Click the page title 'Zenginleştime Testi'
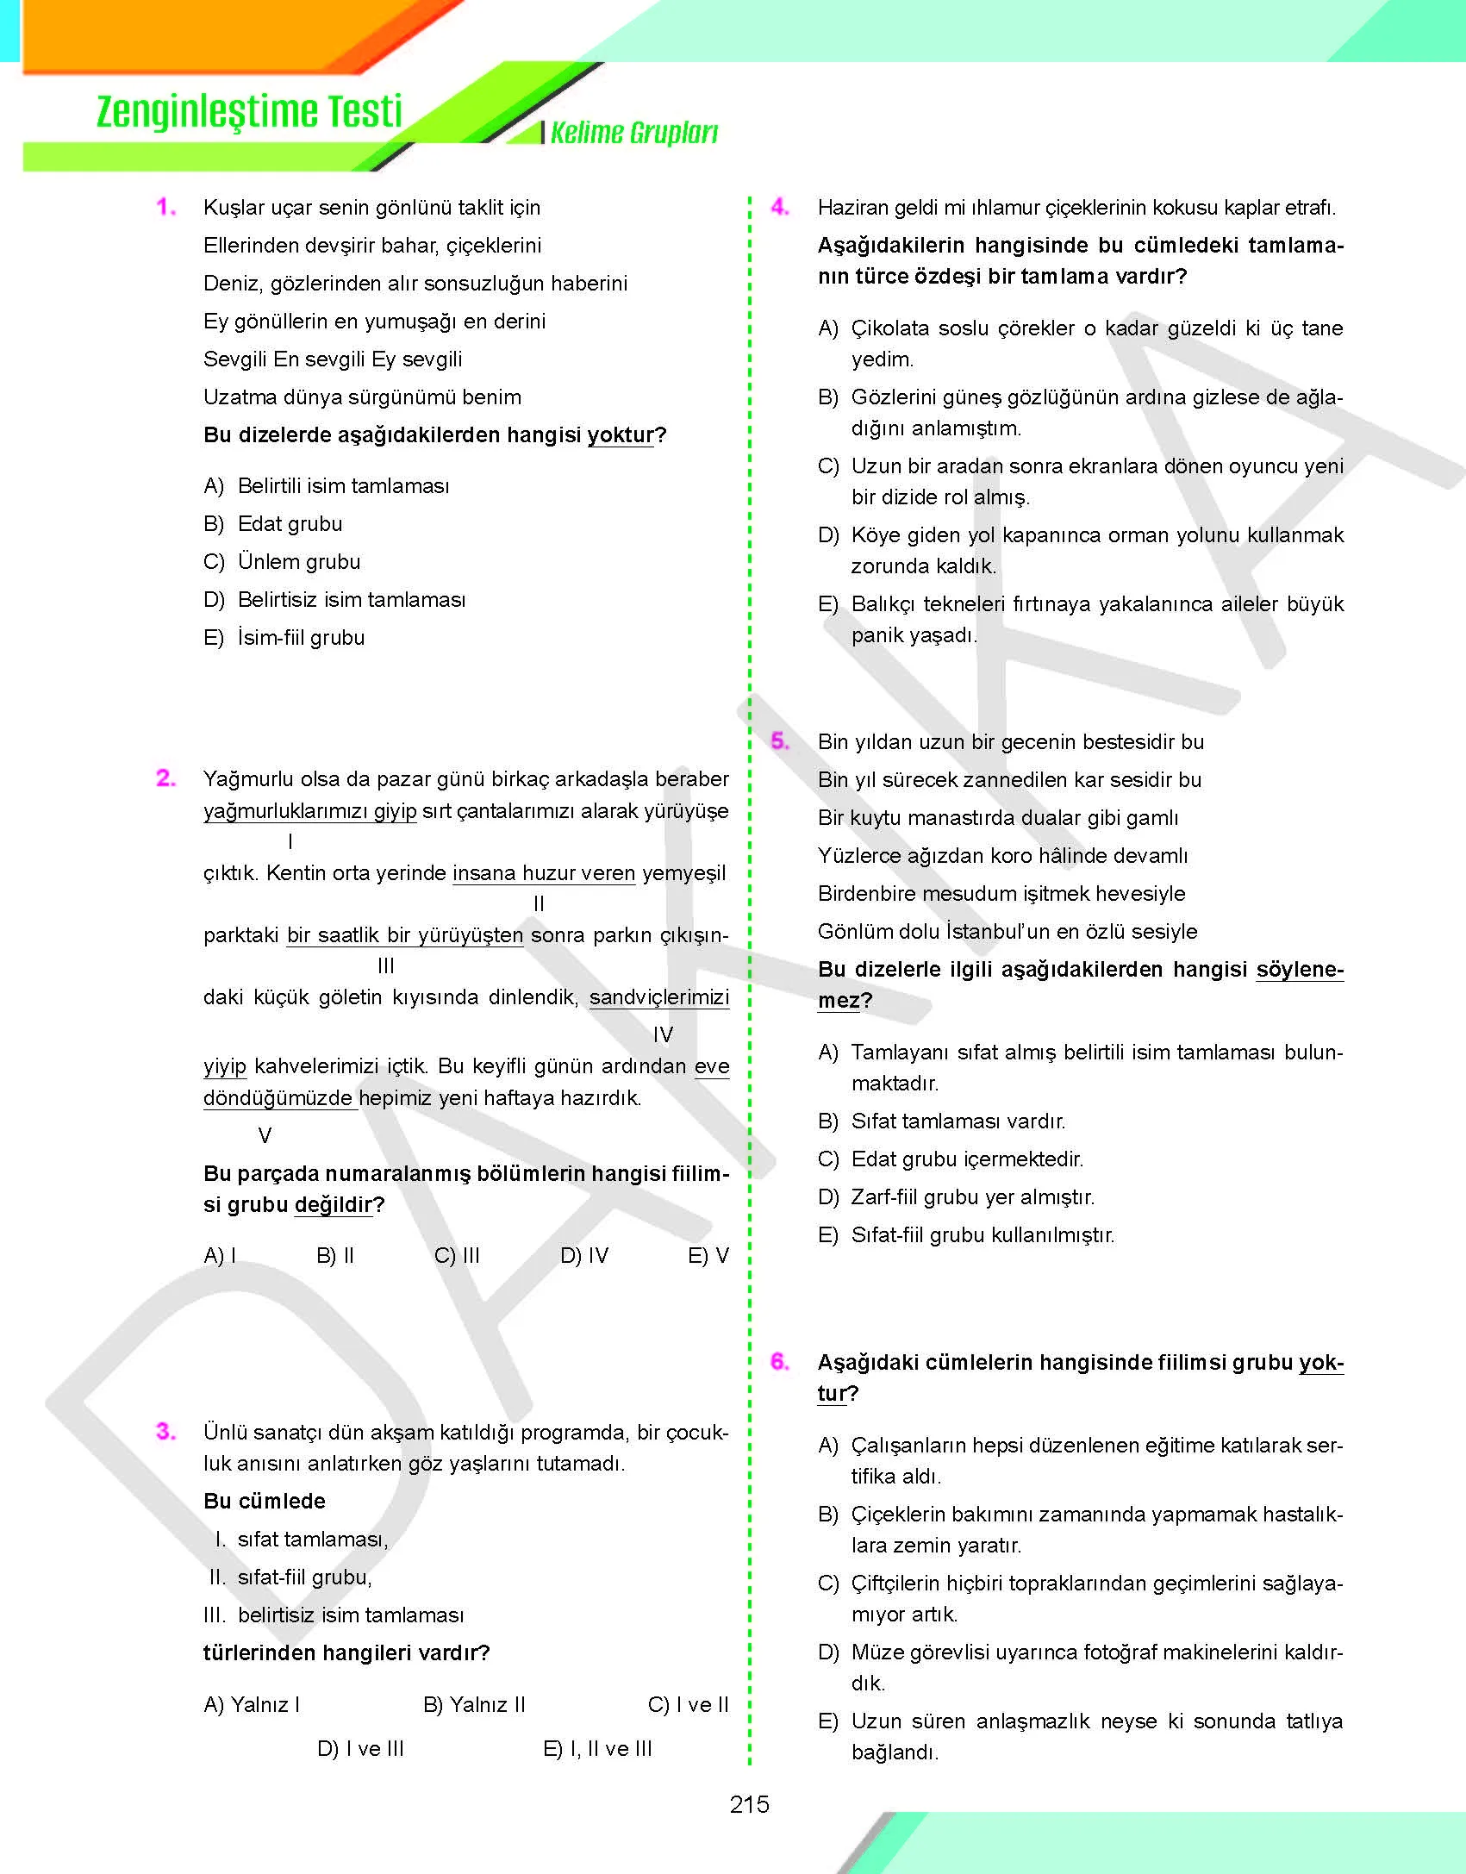click(x=249, y=113)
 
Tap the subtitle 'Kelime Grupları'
click(x=633, y=133)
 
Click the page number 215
click(x=749, y=1804)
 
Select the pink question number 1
click(x=165, y=207)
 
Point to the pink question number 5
click(x=779, y=741)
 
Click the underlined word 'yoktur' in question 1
click(x=621, y=435)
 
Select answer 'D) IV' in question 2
click(x=584, y=1256)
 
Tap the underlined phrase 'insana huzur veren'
click(x=544, y=873)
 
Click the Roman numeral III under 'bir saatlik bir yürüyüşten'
click(x=386, y=966)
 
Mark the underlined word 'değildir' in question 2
click(x=334, y=1205)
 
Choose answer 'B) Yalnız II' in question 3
click(x=474, y=1705)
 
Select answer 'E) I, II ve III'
click(x=597, y=1749)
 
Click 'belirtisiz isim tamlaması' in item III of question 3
click(x=350, y=1615)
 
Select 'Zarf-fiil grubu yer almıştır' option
click(x=972, y=1197)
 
